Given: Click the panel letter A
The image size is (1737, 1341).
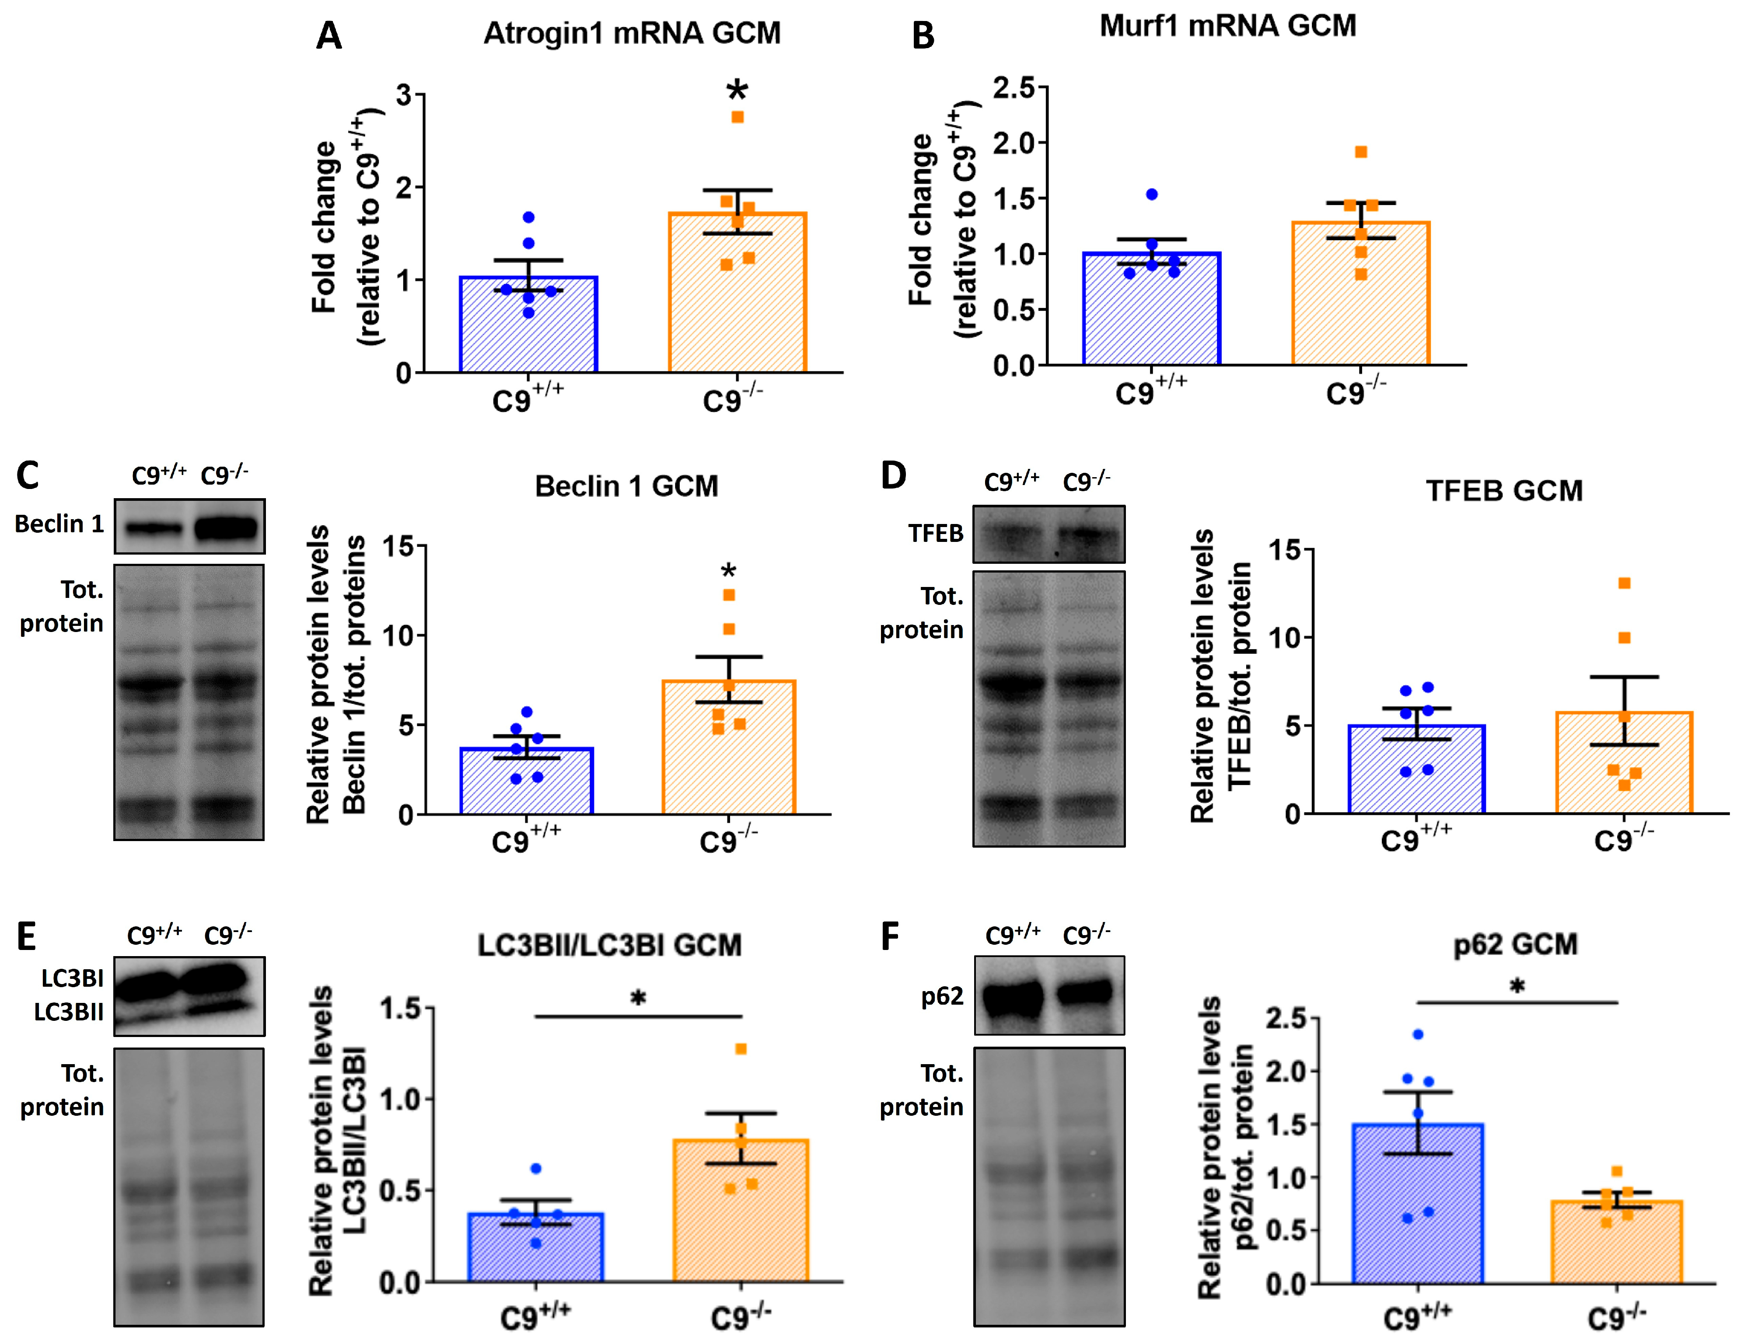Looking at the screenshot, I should pos(329,36).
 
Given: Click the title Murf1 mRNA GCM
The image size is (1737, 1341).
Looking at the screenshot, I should pos(1227,26).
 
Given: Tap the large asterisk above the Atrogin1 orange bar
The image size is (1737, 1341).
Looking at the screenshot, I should pos(737,90).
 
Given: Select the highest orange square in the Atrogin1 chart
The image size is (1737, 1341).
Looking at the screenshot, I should pos(737,117).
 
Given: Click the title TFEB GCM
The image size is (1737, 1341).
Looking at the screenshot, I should pos(1503,491).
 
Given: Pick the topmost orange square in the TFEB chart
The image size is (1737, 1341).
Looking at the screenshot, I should pos(1624,583).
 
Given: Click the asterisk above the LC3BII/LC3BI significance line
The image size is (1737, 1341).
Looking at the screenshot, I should pos(638,997).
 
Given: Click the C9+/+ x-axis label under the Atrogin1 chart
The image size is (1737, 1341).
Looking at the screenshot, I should pos(527,398).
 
